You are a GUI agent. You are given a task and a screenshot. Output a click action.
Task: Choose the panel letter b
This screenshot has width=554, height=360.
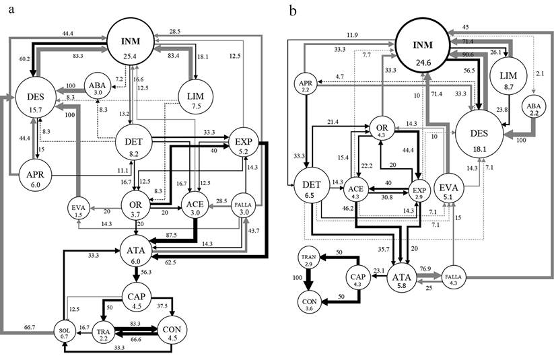point(291,11)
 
